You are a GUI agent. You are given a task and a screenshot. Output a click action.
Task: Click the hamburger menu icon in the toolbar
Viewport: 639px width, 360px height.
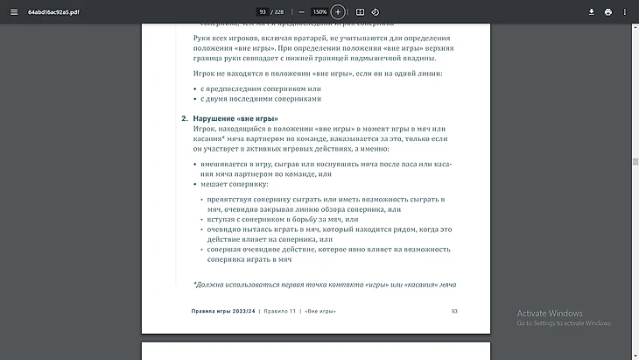point(13,11)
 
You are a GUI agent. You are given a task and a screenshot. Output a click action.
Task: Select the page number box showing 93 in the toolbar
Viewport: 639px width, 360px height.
point(263,11)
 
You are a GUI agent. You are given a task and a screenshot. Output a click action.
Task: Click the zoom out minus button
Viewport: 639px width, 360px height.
point(302,11)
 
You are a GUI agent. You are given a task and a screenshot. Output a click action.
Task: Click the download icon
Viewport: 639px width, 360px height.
point(592,11)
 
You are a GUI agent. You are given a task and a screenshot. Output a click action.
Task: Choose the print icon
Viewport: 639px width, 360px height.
point(608,11)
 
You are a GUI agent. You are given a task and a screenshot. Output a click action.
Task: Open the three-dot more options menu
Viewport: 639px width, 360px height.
point(625,11)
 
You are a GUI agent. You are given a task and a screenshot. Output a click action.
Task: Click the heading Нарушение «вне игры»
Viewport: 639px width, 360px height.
point(235,118)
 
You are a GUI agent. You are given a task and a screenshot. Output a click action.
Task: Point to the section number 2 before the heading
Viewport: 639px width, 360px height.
point(185,118)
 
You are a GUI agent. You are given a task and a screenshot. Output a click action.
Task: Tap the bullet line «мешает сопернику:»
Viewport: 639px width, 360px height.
point(234,185)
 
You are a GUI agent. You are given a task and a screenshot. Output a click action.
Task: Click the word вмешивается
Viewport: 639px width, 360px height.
point(223,164)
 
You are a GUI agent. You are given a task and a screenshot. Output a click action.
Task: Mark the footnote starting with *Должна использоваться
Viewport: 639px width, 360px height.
point(325,284)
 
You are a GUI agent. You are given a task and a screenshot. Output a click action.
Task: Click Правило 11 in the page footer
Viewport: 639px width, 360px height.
point(280,311)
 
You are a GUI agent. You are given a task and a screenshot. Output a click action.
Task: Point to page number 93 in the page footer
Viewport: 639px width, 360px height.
point(454,311)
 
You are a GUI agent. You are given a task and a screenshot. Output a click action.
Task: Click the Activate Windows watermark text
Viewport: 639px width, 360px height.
point(550,314)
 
